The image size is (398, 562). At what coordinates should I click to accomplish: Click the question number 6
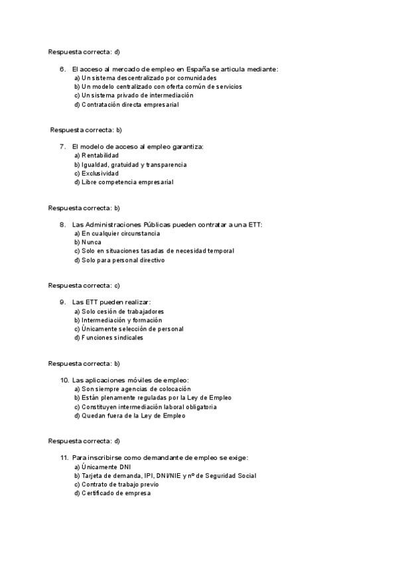62,69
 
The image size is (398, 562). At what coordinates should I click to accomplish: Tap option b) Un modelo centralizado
158,87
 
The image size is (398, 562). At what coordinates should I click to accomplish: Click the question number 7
62,146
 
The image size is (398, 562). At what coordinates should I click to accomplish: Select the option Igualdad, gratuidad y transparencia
131,164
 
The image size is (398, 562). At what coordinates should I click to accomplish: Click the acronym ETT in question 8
255,225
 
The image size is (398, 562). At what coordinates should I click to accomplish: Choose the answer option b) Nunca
88,243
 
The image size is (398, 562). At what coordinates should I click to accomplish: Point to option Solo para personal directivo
119,260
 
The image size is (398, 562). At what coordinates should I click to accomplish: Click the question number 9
62,302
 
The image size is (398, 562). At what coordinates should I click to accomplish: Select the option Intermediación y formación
118,320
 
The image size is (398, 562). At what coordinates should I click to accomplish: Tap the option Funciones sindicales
108,337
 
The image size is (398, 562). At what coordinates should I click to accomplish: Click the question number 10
64,380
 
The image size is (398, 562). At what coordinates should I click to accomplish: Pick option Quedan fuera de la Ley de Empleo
129,416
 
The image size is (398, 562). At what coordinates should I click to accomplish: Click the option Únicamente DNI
102,467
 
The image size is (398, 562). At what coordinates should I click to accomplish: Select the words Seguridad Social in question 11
232,476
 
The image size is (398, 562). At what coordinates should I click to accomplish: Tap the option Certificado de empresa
112,493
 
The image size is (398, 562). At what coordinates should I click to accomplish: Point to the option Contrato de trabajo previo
117,484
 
